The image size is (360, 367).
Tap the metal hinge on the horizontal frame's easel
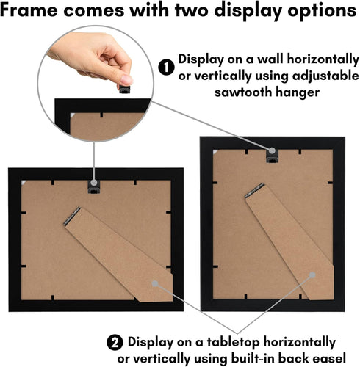tap(73, 215)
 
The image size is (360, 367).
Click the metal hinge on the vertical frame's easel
tap(253, 191)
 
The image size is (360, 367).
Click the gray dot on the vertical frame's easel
tap(314, 275)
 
